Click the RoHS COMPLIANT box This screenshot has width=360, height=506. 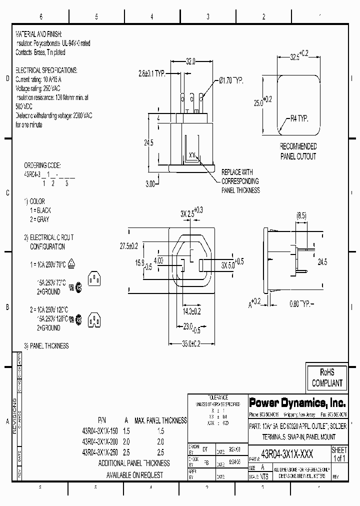tap(327, 377)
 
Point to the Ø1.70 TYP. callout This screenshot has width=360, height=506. tap(230, 80)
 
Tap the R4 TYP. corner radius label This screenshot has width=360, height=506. tap(299, 119)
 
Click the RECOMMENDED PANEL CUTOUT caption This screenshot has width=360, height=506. tap(297, 151)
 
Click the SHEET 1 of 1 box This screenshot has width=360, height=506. tap(339, 454)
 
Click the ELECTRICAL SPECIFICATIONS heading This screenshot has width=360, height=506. tap(46, 70)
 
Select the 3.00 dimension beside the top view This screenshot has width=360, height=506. tap(150, 183)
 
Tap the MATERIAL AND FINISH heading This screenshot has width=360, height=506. tap(38, 34)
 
